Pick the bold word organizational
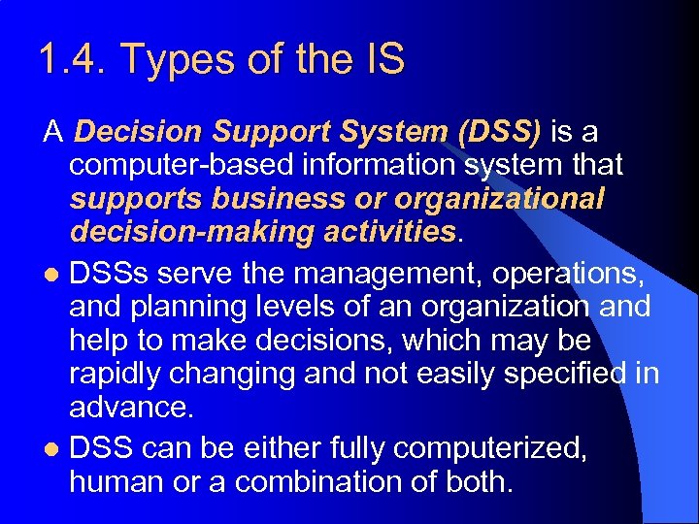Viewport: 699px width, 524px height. (499, 199)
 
